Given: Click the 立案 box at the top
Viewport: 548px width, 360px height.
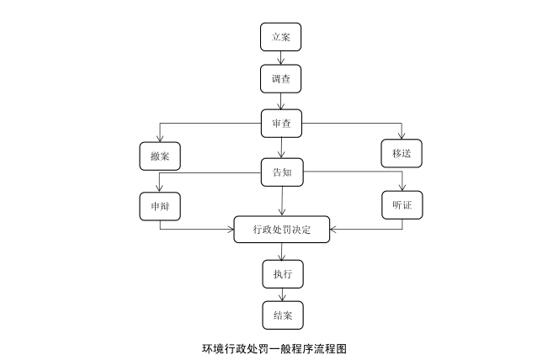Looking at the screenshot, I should [x=280, y=38].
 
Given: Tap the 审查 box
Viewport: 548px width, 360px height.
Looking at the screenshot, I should [x=280, y=123].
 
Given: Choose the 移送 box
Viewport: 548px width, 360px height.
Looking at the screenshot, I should [x=401, y=153].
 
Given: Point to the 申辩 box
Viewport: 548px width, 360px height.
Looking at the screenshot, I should [x=160, y=206].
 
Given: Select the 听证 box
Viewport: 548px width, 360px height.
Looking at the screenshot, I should [x=401, y=206].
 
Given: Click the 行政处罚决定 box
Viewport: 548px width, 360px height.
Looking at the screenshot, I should [x=281, y=229].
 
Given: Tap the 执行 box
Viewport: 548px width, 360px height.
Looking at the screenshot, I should [x=280, y=274].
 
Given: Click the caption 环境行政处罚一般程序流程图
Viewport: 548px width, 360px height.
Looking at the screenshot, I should [x=274, y=347].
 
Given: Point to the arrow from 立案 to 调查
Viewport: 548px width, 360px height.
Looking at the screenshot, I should [x=280, y=58].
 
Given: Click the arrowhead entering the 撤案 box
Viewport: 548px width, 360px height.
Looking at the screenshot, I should [x=160, y=138].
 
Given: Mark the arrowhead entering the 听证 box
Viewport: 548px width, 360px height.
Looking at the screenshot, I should [x=401, y=188].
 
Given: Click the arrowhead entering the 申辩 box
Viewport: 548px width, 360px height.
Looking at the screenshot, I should [x=160, y=188].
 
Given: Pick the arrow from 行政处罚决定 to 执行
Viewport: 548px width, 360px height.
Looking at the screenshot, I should [x=280, y=251].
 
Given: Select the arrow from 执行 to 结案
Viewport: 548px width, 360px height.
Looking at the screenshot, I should [x=280, y=294].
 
